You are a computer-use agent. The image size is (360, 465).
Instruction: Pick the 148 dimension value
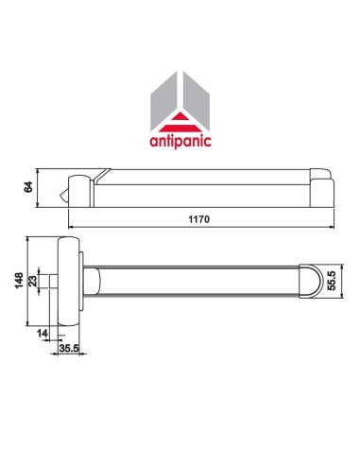21,281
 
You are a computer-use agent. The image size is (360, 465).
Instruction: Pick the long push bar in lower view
198,281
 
